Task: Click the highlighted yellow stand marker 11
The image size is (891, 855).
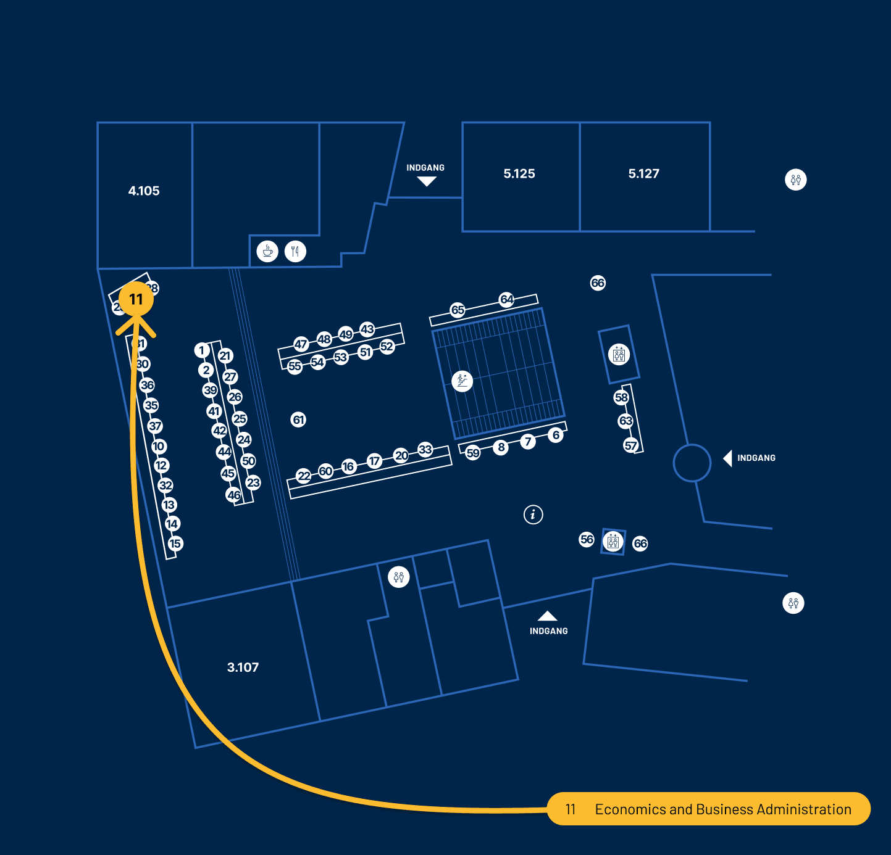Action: click(x=136, y=299)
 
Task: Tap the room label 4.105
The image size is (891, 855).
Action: click(x=144, y=191)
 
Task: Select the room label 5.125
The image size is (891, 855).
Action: click(x=519, y=174)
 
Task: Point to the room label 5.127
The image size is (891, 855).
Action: click(x=644, y=174)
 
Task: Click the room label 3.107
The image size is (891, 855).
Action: click(x=243, y=667)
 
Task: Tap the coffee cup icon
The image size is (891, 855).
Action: click(x=267, y=251)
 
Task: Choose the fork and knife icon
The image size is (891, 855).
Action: click(x=295, y=251)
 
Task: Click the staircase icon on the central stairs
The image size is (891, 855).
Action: click(x=462, y=381)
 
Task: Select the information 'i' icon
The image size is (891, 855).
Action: click(x=533, y=514)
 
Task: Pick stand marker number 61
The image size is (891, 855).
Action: click(x=299, y=420)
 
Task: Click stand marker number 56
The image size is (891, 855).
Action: click(x=587, y=540)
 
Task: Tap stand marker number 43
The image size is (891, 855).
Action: click(x=367, y=329)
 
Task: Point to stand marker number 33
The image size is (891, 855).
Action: click(x=425, y=449)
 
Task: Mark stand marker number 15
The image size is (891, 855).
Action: click(x=175, y=543)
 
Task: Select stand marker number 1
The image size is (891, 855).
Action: click(x=201, y=350)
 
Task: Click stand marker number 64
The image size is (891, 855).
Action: click(x=506, y=299)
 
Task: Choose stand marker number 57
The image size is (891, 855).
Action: click(x=630, y=445)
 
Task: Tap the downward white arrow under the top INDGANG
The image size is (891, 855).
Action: click(x=427, y=181)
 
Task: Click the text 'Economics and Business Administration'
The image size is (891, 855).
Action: click(x=723, y=809)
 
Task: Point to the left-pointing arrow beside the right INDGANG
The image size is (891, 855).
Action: click(x=727, y=458)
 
